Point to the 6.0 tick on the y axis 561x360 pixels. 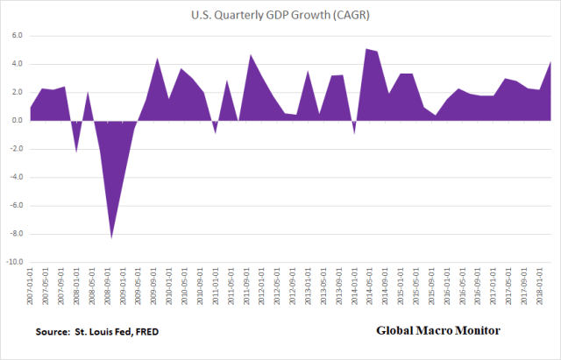15,36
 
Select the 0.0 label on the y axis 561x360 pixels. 15,121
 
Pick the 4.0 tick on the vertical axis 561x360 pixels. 15,64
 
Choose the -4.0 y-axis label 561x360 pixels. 14,178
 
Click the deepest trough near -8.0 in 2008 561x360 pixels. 111,236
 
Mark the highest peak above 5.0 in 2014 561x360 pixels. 366,49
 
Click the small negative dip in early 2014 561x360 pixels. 354,132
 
